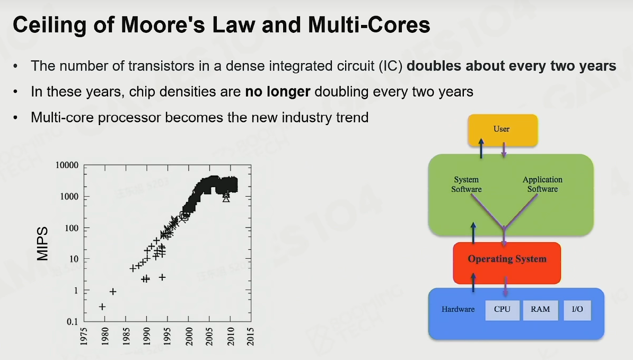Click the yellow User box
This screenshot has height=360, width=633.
(x=503, y=129)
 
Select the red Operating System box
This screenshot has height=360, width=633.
(x=507, y=263)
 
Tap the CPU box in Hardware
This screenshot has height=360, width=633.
(x=502, y=310)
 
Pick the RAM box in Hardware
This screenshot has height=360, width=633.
(x=540, y=310)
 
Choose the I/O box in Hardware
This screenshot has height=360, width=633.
(x=577, y=310)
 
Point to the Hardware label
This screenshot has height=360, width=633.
(x=458, y=309)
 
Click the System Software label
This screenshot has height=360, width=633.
(x=467, y=184)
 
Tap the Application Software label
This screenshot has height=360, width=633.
(x=542, y=184)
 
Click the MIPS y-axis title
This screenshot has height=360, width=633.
(x=42, y=243)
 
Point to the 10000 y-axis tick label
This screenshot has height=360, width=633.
(x=67, y=165)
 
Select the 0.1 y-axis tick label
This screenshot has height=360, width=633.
(x=72, y=322)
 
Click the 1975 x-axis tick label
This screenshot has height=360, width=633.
(x=84, y=336)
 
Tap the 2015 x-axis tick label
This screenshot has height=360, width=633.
(x=250, y=336)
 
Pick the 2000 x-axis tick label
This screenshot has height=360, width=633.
(x=188, y=336)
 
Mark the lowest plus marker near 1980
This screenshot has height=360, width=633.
(x=102, y=307)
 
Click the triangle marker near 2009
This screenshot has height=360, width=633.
(x=226, y=198)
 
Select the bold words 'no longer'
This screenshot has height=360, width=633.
(x=278, y=92)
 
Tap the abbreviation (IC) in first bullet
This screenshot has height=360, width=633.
(x=391, y=66)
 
